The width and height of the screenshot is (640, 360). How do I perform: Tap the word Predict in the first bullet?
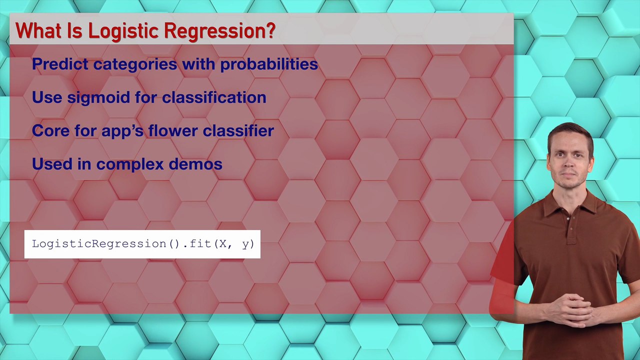coord(60,64)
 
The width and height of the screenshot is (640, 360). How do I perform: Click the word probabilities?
coord(269,64)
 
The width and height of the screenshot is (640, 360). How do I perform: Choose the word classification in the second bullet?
coord(214,97)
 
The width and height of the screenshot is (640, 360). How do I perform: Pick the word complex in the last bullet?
coord(130,164)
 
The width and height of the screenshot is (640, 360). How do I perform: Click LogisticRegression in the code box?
coord(99,244)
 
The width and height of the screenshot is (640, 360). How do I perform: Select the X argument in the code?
coord(223,244)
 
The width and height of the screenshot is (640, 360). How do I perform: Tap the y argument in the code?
coord(245,244)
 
